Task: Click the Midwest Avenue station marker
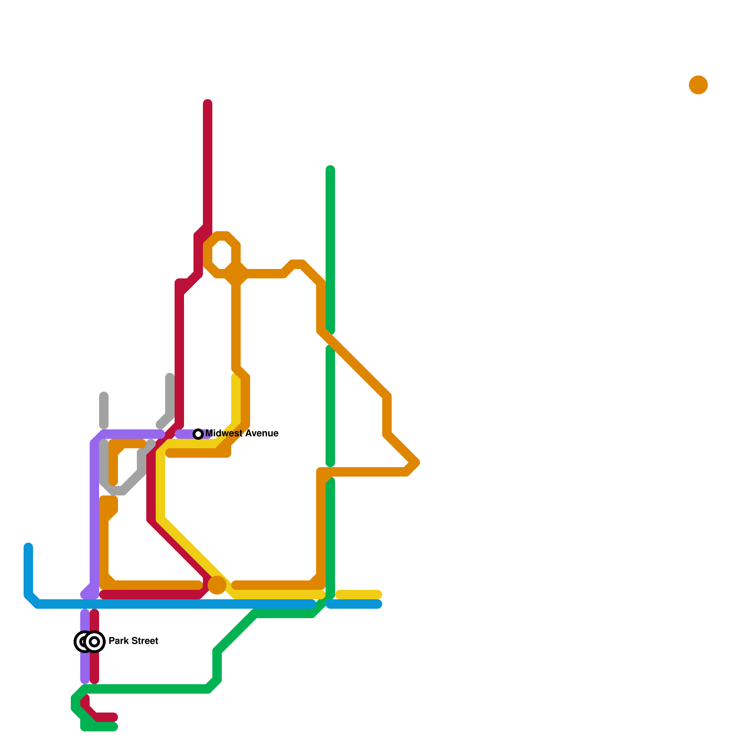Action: (x=199, y=434)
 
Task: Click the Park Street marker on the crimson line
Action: (x=95, y=641)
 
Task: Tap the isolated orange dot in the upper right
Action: (x=698, y=85)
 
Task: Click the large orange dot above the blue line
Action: (x=217, y=585)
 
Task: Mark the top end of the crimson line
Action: (x=208, y=103)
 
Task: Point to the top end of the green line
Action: (x=330, y=169)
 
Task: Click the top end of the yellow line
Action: (x=236, y=377)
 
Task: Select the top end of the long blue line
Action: (x=28, y=547)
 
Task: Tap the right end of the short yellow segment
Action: (x=378, y=595)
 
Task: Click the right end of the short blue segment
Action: (x=378, y=604)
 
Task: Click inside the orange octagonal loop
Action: (x=222, y=255)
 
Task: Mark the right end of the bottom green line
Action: (x=114, y=727)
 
